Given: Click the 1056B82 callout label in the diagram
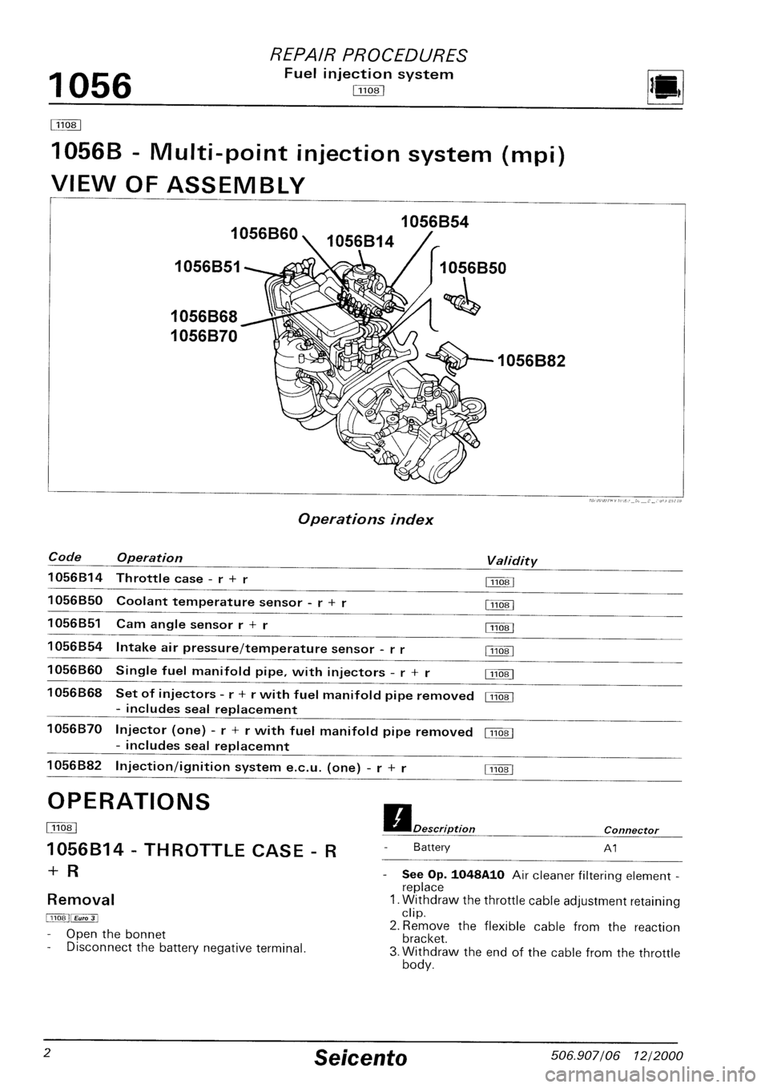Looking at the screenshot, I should point(531,361).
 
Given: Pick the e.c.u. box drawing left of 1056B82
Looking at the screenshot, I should point(453,356).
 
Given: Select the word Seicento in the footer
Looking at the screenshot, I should point(362,1059).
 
